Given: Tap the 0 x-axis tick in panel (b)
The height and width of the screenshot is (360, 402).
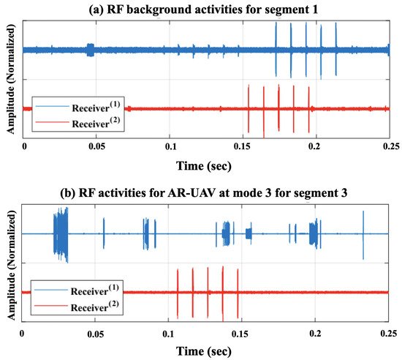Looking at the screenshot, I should [24, 331].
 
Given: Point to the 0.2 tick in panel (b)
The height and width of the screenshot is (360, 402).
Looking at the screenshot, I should [316, 331].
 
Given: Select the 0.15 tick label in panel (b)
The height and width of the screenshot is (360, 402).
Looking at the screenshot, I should [243, 331].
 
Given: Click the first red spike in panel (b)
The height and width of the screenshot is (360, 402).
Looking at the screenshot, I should [178, 292].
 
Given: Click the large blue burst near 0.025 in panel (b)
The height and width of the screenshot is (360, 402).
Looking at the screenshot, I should [60, 233].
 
